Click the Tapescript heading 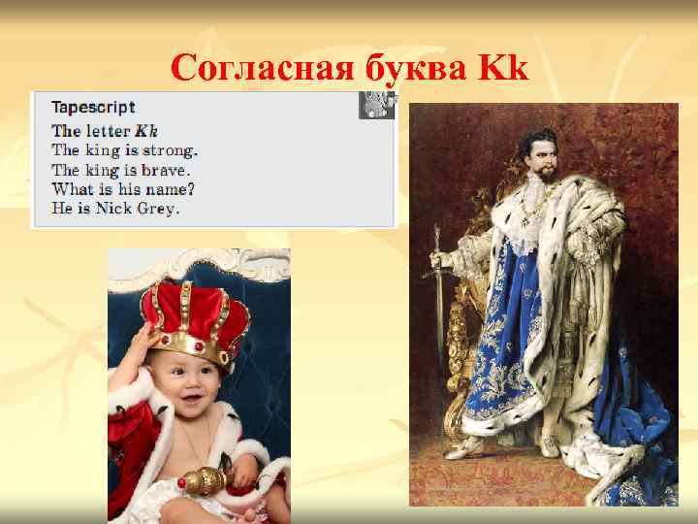click(x=93, y=108)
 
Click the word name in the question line click(x=164, y=188)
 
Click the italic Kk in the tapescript click(x=145, y=130)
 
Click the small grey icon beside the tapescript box click(x=377, y=104)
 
